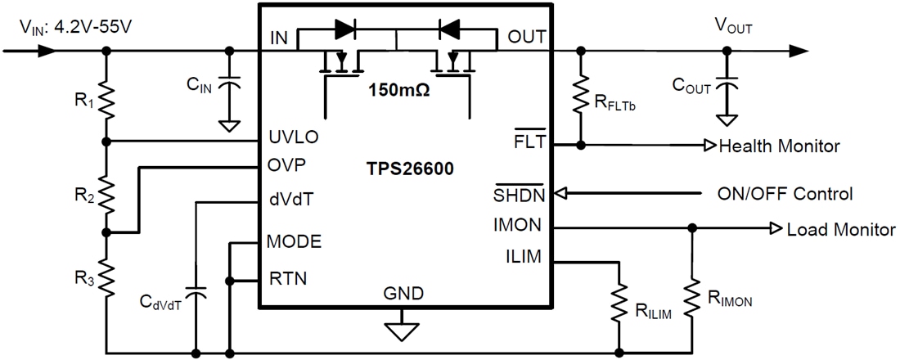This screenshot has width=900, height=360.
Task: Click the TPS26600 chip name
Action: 410,169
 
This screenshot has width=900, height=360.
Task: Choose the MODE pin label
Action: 294,241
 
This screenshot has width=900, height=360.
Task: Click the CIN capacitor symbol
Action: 230,84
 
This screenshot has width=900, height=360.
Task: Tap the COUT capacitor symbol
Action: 725,84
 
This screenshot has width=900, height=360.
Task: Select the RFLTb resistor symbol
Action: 581,97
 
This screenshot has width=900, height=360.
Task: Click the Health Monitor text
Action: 778,146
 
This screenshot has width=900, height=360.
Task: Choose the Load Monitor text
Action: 840,230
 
